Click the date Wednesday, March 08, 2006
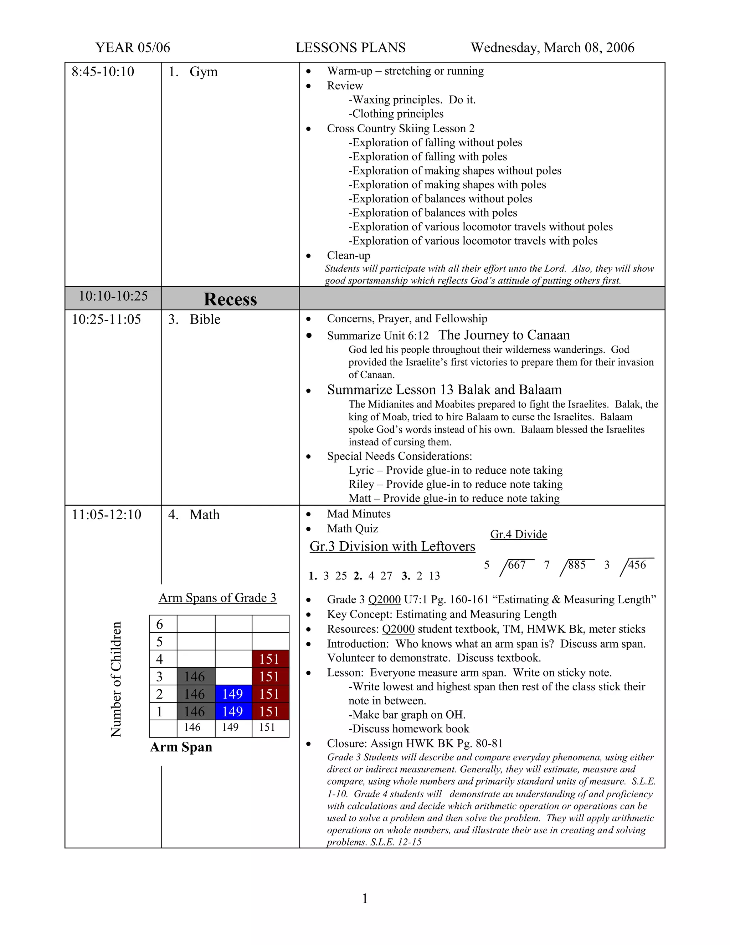click(x=552, y=47)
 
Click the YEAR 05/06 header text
click(x=133, y=47)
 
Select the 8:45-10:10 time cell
click(x=103, y=72)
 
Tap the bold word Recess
click(x=230, y=300)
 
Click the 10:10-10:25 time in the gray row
click(x=113, y=296)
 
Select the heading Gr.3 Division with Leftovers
click(x=392, y=546)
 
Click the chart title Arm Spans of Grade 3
click(x=217, y=598)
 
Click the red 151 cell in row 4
click(x=270, y=659)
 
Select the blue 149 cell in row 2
click(x=233, y=694)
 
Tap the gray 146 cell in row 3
click(x=195, y=677)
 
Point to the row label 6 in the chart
click(x=160, y=624)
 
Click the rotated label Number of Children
click(x=116, y=679)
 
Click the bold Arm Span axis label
click(x=181, y=747)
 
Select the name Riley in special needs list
click(x=361, y=484)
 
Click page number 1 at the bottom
click(x=365, y=899)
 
